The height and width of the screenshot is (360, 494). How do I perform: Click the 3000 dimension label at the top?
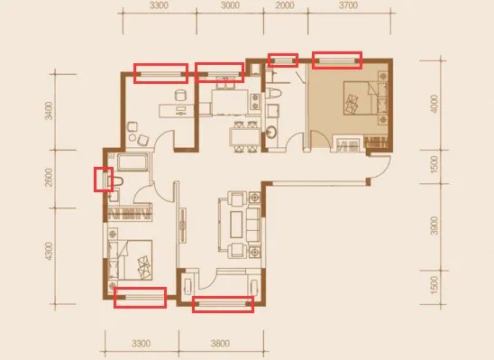coord(230,5)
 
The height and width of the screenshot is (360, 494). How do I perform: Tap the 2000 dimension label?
coord(285,5)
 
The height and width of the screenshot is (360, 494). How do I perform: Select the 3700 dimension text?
coord(349,5)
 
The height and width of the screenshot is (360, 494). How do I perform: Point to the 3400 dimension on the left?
coord(50,111)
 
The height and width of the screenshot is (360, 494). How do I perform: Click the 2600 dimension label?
coord(49,178)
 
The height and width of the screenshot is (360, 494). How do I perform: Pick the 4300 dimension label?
coord(49,251)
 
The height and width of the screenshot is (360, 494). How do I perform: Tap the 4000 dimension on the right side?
coord(435,104)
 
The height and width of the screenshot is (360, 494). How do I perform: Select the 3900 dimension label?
coord(435,226)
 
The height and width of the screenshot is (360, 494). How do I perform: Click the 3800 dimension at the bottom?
coord(220,343)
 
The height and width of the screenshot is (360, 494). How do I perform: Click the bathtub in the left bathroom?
coord(133,162)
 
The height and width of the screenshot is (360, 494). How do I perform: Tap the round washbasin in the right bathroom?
coord(270,132)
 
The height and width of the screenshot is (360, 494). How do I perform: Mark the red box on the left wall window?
coord(104,180)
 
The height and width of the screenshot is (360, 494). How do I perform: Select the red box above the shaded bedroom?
coord(337,60)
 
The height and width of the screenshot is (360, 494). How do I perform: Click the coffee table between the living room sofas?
coord(236,225)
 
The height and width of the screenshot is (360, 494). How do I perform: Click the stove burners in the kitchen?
coord(254,102)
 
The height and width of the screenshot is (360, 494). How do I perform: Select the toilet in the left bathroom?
coord(115,181)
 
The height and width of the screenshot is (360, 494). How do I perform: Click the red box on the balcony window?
coord(223,304)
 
